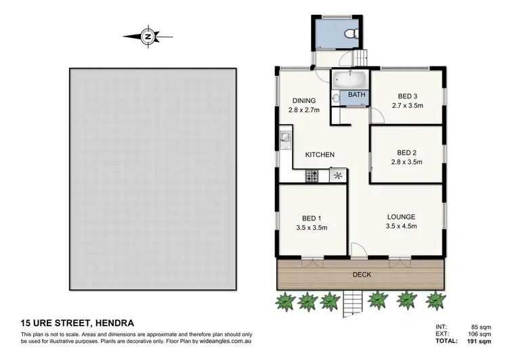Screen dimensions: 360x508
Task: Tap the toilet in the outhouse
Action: click(x=348, y=33)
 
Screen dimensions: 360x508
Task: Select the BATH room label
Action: click(x=356, y=96)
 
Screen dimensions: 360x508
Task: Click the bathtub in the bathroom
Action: click(x=350, y=79)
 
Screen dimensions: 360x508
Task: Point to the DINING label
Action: click(x=304, y=101)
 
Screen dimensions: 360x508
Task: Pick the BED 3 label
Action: click(x=408, y=96)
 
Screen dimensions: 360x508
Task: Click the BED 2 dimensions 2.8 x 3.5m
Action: click(x=408, y=162)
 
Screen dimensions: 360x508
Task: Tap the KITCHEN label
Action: click(x=320, y=155)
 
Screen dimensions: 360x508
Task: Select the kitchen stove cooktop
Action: click(x=312, y=176)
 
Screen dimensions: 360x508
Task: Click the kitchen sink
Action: click(x=285, y=141)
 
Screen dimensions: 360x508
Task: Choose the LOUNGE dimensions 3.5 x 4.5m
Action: click(x=400, y=226)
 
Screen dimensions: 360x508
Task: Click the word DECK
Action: click(x=362, y=275)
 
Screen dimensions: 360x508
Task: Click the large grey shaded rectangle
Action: click(x=152, y=178)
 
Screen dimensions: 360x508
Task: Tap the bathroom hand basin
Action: click(x=336, y=98)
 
